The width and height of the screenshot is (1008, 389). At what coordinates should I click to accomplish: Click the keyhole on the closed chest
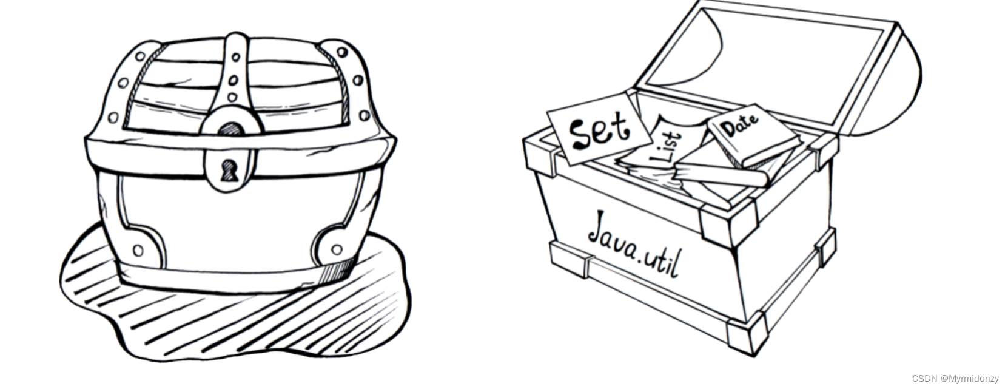pos(229,170)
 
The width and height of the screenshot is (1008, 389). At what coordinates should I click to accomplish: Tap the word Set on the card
pos(598,130)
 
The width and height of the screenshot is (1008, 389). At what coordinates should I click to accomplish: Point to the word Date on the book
pos(739,124)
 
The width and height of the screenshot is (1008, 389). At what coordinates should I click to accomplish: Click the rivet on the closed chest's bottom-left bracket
pos(138,250)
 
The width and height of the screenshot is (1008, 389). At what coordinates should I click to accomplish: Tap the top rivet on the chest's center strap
pos(235,57)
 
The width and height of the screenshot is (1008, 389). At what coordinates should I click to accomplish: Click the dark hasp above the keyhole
pos(230,129)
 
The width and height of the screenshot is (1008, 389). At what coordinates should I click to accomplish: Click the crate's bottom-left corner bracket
pos(570,259)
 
